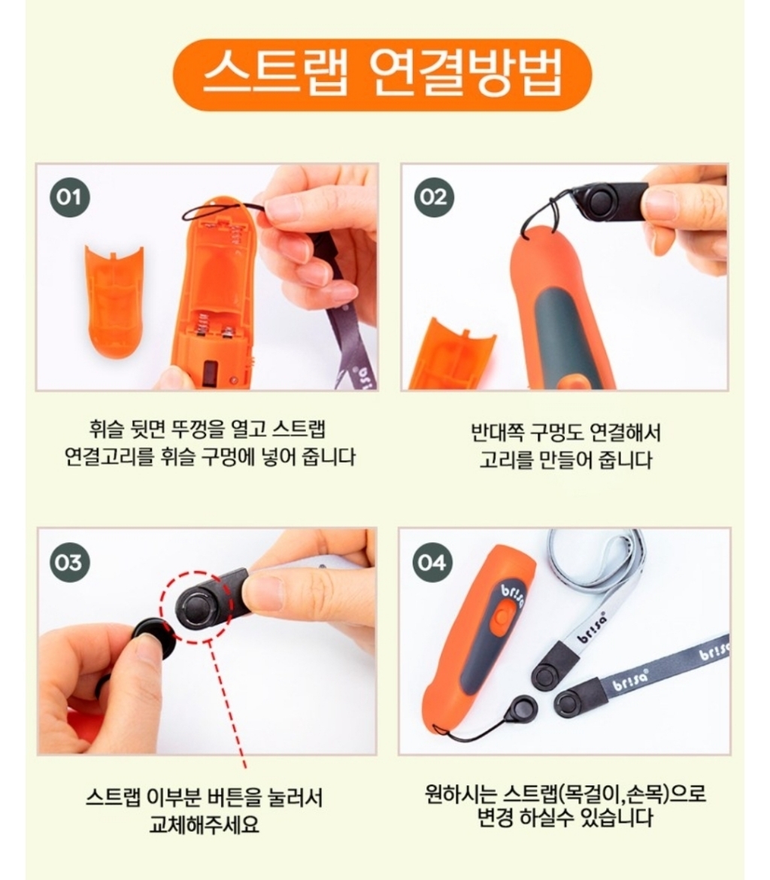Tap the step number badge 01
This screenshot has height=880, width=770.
pyautogui.click(x=69, y=198)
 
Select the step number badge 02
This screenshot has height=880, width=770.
pyautogui.click(x=433, y=198)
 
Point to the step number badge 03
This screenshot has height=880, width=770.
pyautogui.click(x=69, y=562)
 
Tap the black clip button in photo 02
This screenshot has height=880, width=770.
pyautogui.click(x=601, y=202)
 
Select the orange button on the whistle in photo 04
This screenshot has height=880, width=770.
pyautogui.click(x=501, y=614)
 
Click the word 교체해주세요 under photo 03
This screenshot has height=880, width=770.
pyautogui.click(x=204, y=823)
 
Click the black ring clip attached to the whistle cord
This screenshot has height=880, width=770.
pyautogui.click(x=520, y=708)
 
